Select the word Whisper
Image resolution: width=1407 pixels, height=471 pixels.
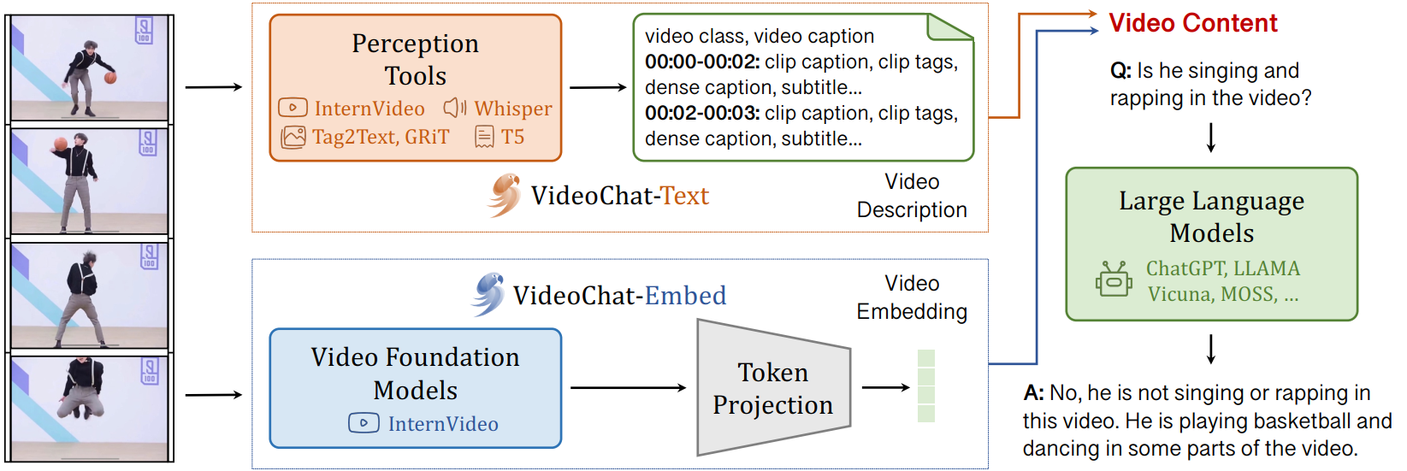point(513,109)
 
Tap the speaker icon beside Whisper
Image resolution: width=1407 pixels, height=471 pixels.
point(454,108)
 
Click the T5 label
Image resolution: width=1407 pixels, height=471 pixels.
point(512,137)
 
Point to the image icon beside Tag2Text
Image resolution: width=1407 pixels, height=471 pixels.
point(293,137)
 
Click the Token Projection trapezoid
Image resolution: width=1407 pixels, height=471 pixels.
point(773,388)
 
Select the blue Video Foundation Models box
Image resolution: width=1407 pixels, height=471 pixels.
point(415,388)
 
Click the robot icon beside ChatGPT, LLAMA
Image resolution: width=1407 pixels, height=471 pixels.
point(1114,280)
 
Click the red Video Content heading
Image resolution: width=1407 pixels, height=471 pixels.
point(1192,23)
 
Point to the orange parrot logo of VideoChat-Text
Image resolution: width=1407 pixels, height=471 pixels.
point(505,195)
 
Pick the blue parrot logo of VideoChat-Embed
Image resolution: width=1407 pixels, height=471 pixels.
point(488,294)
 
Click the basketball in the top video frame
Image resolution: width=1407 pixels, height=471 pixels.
point(110,78)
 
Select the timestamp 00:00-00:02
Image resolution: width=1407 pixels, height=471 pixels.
point(701,62)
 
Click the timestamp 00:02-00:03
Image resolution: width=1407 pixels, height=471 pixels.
point(701,114)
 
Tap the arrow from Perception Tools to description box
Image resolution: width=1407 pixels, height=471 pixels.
point(598,87)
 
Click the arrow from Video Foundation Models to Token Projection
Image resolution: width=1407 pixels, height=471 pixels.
point(628,388)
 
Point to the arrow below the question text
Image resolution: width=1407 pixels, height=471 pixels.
point(1211,137)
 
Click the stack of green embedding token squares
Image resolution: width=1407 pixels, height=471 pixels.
point(925,386)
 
